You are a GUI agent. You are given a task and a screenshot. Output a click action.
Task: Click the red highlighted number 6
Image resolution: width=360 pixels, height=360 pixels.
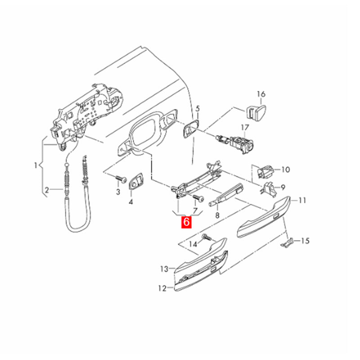pyautogui.click(x=186, y=222)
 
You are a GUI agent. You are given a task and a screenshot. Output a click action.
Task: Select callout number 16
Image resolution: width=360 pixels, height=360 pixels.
pyautogui.click(x=261, y=94)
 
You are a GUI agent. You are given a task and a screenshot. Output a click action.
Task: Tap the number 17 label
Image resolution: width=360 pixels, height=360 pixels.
pyautogui.click(x=245, y=127)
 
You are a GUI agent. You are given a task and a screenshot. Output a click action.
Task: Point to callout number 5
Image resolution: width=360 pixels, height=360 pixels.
pyautogui.click(x=198, y=108)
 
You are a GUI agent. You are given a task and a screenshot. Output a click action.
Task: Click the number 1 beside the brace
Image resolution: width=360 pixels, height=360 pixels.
pyautogui.click(x=36, y=165)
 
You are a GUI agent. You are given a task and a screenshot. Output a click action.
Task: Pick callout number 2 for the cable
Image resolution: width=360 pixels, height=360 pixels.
pyautogui.click(x=47, y=190)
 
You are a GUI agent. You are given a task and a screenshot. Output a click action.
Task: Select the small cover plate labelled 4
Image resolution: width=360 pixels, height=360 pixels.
pyautogui.click(x=136, y=180)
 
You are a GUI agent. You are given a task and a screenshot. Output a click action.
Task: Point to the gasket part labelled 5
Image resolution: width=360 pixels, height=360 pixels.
pyautogui.click(x=190, y=129)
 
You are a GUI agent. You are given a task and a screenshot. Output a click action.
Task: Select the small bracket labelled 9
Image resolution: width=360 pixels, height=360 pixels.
pyautogui.click(x=269, y=189)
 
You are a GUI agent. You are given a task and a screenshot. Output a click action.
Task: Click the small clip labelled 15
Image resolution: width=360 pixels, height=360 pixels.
pyautogui.click(x=287, y=243)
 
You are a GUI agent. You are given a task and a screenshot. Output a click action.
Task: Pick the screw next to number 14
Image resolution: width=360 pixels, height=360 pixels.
pyautogui.click(x=207, y=238)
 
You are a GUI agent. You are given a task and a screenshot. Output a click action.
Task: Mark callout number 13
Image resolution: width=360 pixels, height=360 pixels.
pyautogui.click(x=164, y=269)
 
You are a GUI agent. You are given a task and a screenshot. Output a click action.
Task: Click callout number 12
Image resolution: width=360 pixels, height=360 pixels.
pyautogui.click(x=162, y=288)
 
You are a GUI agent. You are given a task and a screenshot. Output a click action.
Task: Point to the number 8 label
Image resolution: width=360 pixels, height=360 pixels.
pyautogui.click(x=217, y=216)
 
